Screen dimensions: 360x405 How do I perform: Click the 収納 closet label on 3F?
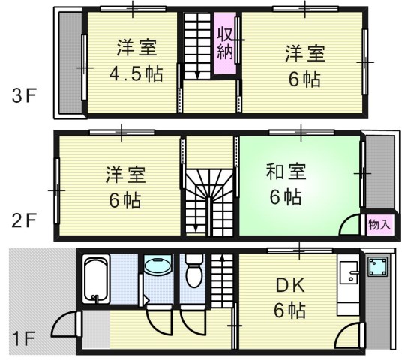coord(224,43)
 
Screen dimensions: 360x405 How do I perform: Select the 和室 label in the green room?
coord(284,172)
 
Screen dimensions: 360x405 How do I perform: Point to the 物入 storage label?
coord(379,223)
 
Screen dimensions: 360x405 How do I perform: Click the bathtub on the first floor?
coord(97,279)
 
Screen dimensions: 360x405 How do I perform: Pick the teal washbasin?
coord(157,267)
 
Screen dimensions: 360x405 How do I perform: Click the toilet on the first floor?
coord(193,271)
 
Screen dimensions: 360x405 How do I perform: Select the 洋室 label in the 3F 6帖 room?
coord(304,53)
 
